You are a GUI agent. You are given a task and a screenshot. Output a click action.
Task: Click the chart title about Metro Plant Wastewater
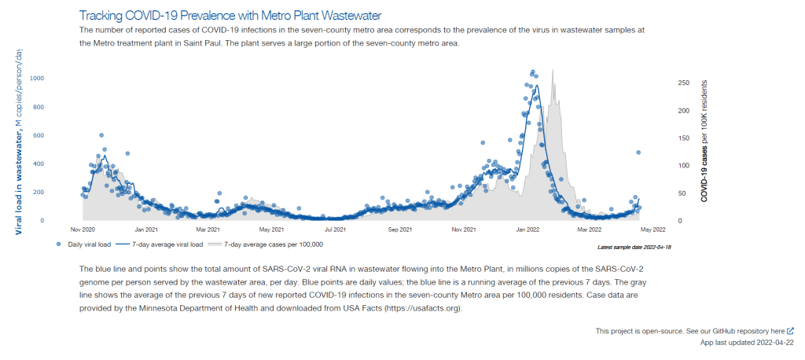(x=230, y=16)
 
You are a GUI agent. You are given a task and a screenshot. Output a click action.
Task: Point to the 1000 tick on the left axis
(x=37, y=79)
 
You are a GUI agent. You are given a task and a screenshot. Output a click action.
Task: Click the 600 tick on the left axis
(x=39, y=135)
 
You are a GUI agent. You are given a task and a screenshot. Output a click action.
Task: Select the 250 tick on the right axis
(x=683, y=83)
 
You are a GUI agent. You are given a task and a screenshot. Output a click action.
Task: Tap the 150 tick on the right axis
(x=683, y=138)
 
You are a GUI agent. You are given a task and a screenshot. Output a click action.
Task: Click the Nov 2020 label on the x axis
(x=83, y=230)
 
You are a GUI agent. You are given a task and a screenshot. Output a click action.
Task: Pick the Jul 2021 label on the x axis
(x=336, y=230)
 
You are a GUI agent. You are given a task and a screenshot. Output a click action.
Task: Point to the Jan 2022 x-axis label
(x=527, y=230)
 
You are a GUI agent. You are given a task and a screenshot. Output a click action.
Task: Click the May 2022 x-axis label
(x=653, y=230)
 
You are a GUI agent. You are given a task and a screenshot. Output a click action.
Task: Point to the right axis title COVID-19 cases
(x=704, y=141)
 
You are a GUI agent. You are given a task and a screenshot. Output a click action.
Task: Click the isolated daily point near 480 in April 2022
(x=638, y=152)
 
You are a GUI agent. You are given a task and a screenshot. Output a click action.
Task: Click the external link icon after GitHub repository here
(x=790, y=331)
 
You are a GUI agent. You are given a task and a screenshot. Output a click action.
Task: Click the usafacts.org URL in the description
(x=423, y=308)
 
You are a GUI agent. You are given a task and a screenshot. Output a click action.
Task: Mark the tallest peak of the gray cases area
(x=553, y=70)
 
